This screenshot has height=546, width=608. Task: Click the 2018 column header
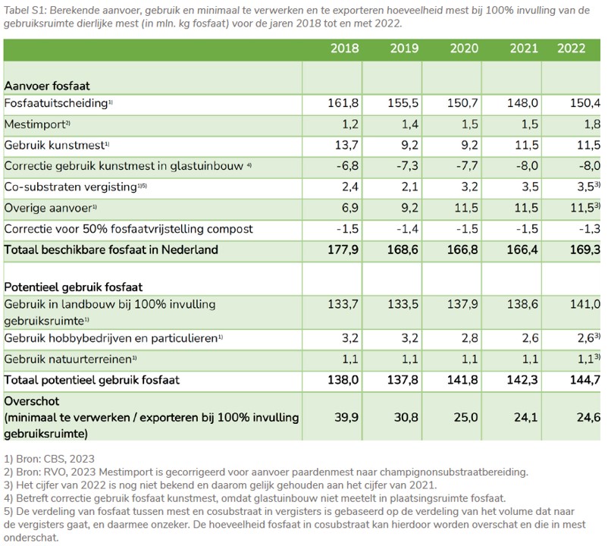coord(344,49)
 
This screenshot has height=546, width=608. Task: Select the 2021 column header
coord(524,49)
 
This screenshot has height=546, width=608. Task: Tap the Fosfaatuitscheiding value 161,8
coord(343,103)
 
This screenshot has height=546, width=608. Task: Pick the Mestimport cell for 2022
coord(591,124)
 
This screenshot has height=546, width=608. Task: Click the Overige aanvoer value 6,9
coord(350,208)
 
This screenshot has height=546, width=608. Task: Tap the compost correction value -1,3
coord(590,229)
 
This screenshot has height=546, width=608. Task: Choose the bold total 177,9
coord(343,249)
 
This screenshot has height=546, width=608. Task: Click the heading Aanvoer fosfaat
coord(47,86)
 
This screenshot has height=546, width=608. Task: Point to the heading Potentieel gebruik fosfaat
coord(74,287)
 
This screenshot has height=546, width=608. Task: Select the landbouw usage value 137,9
coord(463,303)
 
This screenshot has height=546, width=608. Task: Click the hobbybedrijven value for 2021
coord(530,337)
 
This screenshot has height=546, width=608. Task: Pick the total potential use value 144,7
coord(585,379)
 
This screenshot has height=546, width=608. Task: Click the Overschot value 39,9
coord(346,417)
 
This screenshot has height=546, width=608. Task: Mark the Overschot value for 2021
coord(526,417)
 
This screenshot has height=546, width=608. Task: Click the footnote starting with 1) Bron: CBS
coord(49,459)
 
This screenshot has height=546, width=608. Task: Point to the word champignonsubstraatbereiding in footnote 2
coord(453,472)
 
